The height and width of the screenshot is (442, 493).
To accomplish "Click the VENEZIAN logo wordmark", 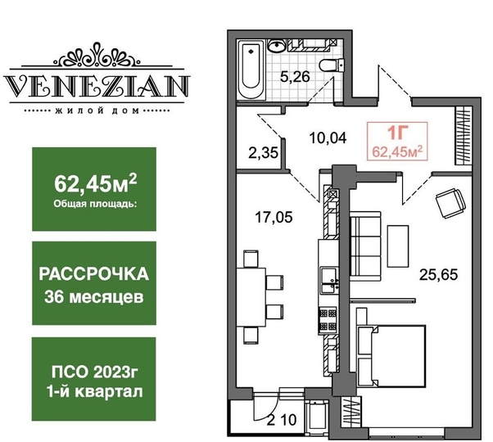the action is click(96, 85).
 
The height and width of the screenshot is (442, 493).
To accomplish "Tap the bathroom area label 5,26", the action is click(295, 77).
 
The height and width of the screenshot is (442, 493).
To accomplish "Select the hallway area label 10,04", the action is click(328, 138).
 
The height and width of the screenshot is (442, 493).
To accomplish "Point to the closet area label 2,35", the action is click(263, 153).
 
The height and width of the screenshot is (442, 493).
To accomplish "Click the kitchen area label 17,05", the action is click(274, 217).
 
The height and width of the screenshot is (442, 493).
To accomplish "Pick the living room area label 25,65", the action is click(439, 274).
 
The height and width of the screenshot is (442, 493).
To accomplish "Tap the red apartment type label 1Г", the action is click(397, 133).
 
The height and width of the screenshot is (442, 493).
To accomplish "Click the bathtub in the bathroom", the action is click(251, 70).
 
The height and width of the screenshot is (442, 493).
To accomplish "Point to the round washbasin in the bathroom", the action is click(277, 46).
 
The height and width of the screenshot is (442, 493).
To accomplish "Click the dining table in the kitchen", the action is click(251, 297).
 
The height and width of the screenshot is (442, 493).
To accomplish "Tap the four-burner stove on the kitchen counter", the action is click(328, 320).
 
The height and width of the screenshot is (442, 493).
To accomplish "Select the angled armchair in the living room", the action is click(450, 203).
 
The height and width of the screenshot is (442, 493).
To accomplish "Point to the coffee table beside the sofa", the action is click(398, 246).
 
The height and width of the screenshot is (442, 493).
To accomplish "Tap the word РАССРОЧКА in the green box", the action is click(93, 274).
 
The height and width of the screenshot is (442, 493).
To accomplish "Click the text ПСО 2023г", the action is click(95, 372).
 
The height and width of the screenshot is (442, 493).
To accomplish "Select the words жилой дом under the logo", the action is click(97, 110).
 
